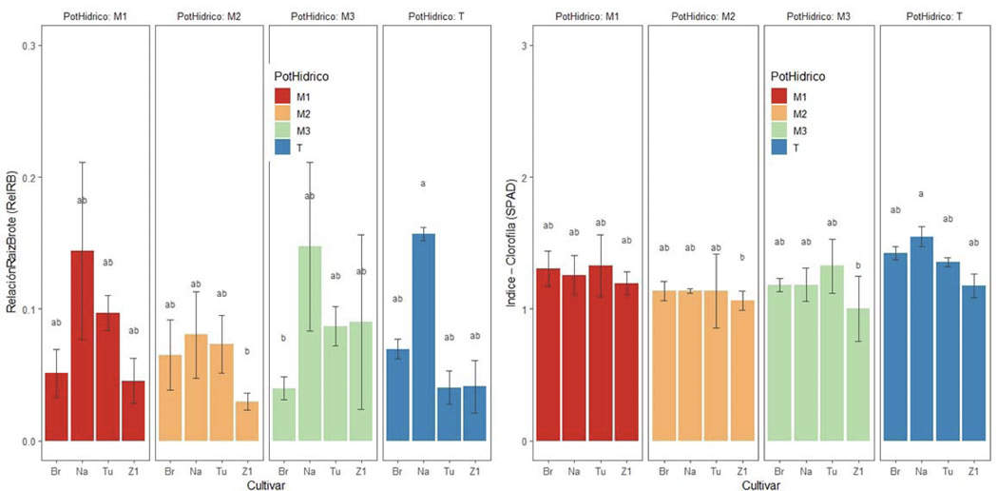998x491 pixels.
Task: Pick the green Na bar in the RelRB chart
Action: click(x=309, y=343)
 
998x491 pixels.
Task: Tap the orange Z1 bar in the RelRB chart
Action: click(x=247, y=421)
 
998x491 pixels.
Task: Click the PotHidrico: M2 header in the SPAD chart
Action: click(x=701, y=16)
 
